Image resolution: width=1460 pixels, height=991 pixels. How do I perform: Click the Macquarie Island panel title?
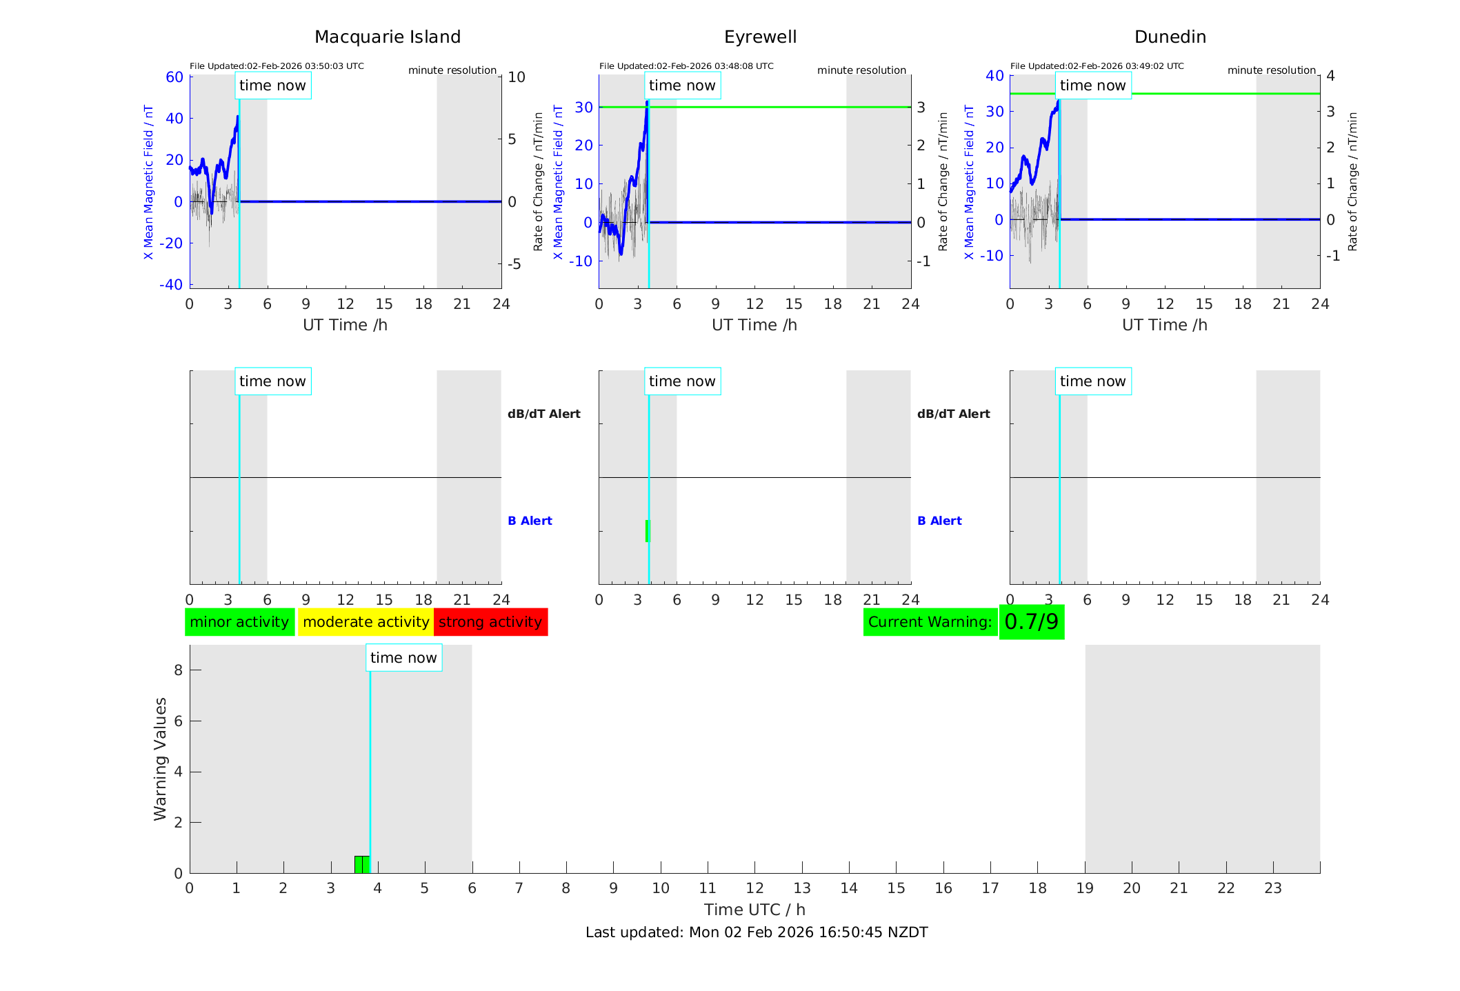[x=388, y=37]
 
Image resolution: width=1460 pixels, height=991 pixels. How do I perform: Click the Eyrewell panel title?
[x=760, y=37]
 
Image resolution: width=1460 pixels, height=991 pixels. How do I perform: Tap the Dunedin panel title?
[x=1170, y=37]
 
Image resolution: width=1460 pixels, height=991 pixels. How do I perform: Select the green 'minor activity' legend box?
[x=239, y=622]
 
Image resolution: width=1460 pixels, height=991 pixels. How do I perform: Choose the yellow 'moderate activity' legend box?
[x=366, y=622]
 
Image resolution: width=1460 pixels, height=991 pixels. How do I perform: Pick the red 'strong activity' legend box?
[x=490, y=622]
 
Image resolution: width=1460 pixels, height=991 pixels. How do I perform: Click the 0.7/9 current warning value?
[x=1031, y=622]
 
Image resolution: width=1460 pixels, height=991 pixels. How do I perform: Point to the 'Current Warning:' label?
[x=930, y=622]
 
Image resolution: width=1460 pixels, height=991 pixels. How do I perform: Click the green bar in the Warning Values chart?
[x=362, y=865]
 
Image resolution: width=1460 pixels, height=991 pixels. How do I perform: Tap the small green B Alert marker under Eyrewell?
[x=648, y=531]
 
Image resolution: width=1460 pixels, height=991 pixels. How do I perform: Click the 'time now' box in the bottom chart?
[x=403, y=658]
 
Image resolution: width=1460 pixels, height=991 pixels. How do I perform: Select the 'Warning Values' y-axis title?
[x=160, y=759]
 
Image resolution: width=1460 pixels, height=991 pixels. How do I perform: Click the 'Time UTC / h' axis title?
[x=754, y=910]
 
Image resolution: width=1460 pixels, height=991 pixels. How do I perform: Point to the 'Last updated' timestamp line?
[x=757, y=932]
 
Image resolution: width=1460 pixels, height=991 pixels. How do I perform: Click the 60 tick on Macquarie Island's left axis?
[x=174, y=77]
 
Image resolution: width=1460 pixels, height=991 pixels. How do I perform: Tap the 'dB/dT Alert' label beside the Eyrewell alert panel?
[x=953, y=414]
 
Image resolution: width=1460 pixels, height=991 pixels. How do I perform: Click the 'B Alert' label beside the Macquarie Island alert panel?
[x=530, y=521]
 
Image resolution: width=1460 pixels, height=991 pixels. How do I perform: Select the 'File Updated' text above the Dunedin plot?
[x=1097, y=66]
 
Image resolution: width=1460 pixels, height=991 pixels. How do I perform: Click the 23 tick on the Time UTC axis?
[x=1272, y=888]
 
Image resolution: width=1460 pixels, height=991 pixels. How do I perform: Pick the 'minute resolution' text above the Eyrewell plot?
[x=861, y=70]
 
